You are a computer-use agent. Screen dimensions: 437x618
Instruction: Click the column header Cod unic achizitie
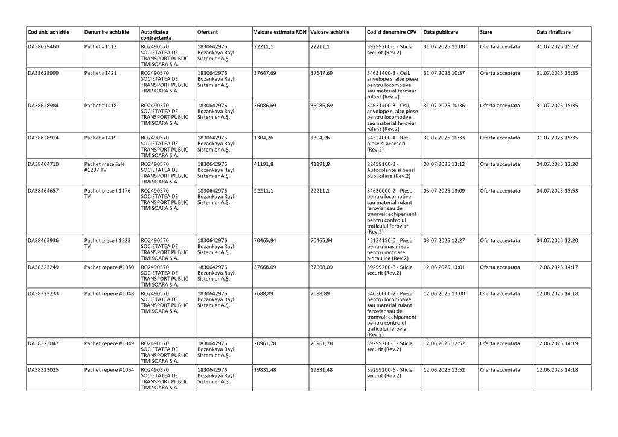click(49, 31)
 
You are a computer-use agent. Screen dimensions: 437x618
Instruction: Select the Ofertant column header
click(208, 31)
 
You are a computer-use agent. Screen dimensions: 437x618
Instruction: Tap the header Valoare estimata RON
click(279, 31)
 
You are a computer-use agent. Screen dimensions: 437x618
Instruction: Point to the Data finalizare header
click(553, 31)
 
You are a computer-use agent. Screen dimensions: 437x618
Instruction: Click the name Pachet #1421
click(101, 73)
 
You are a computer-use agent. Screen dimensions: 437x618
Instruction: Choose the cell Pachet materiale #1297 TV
click(104, 167)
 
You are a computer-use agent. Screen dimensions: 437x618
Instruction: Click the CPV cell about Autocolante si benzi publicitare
click(391, 170)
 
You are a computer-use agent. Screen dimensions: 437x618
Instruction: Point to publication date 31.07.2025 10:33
click(444, 138)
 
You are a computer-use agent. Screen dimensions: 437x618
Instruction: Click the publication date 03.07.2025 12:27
click(444, 241)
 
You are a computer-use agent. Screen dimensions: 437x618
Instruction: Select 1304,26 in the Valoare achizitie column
click(320, 138)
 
